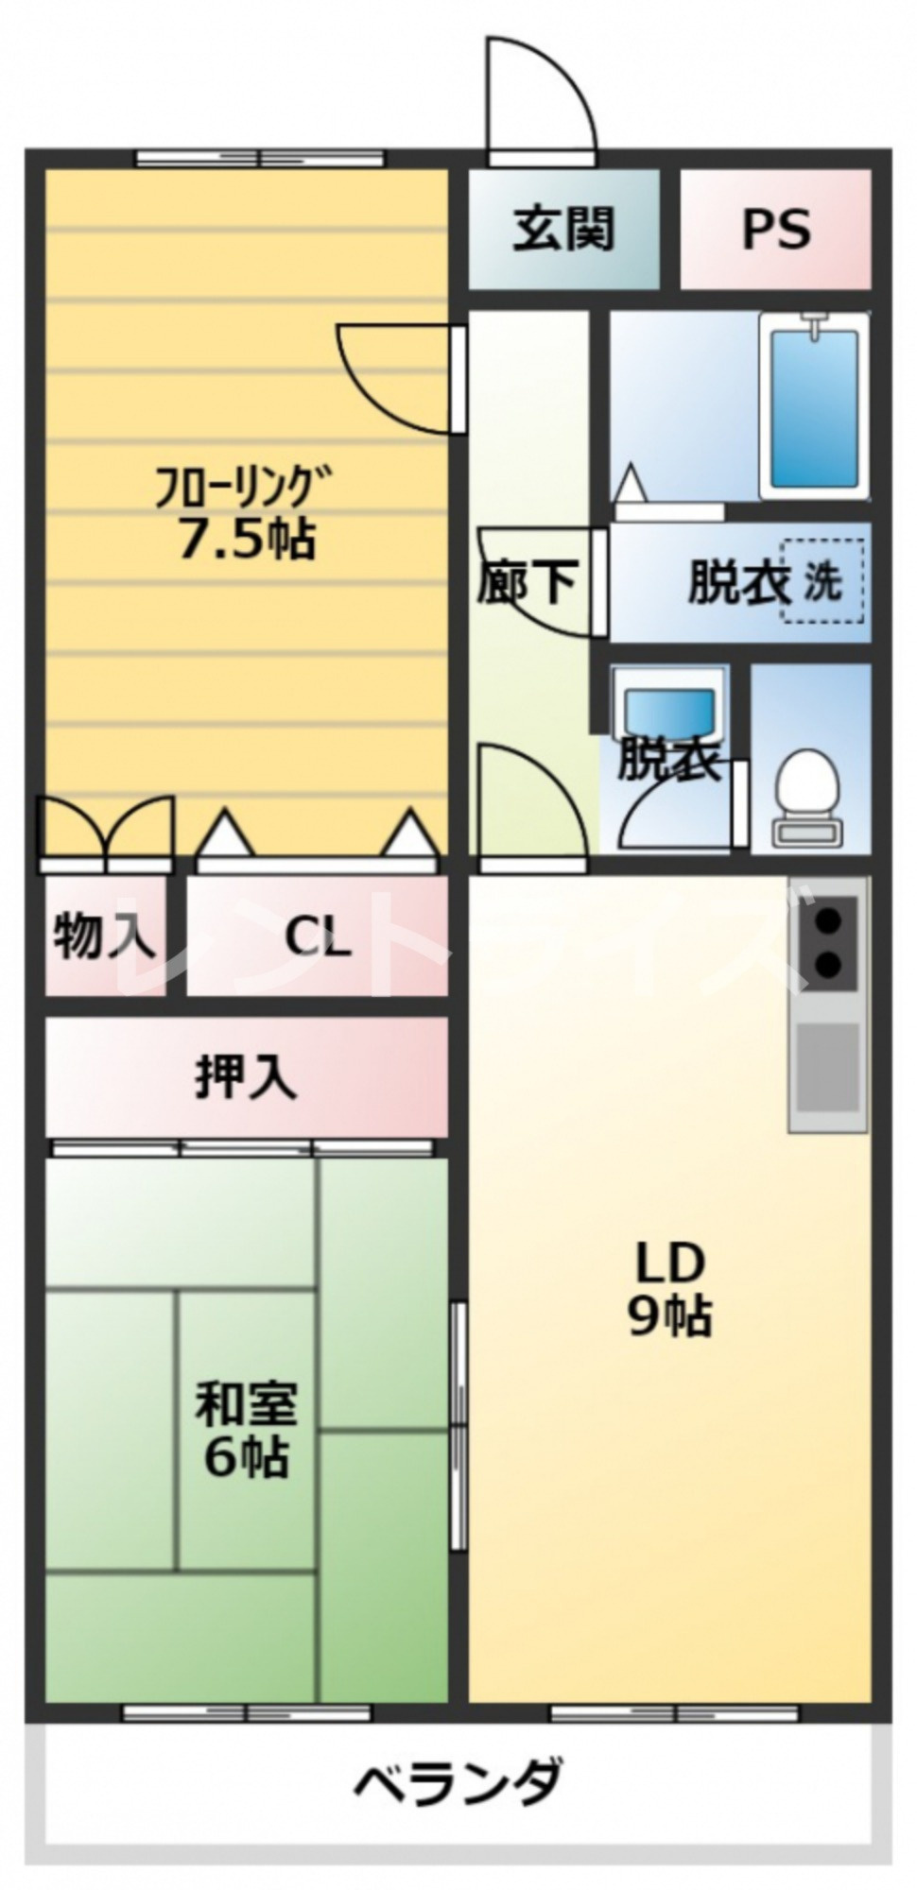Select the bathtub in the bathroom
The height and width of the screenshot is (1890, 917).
[x=813, y=406]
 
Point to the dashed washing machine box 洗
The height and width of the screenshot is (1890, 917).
[x=822, y=580]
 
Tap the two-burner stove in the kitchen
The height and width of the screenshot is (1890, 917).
[x=829, y=940]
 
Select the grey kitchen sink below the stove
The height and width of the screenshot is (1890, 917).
[x=829, y=1068]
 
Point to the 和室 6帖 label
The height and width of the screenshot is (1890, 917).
[x=246, y=1429]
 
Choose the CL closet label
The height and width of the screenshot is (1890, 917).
[x=318, y=938]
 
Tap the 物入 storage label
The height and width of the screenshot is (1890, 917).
[x=104, y=936]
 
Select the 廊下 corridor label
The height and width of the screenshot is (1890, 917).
[x=526, y=581]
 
